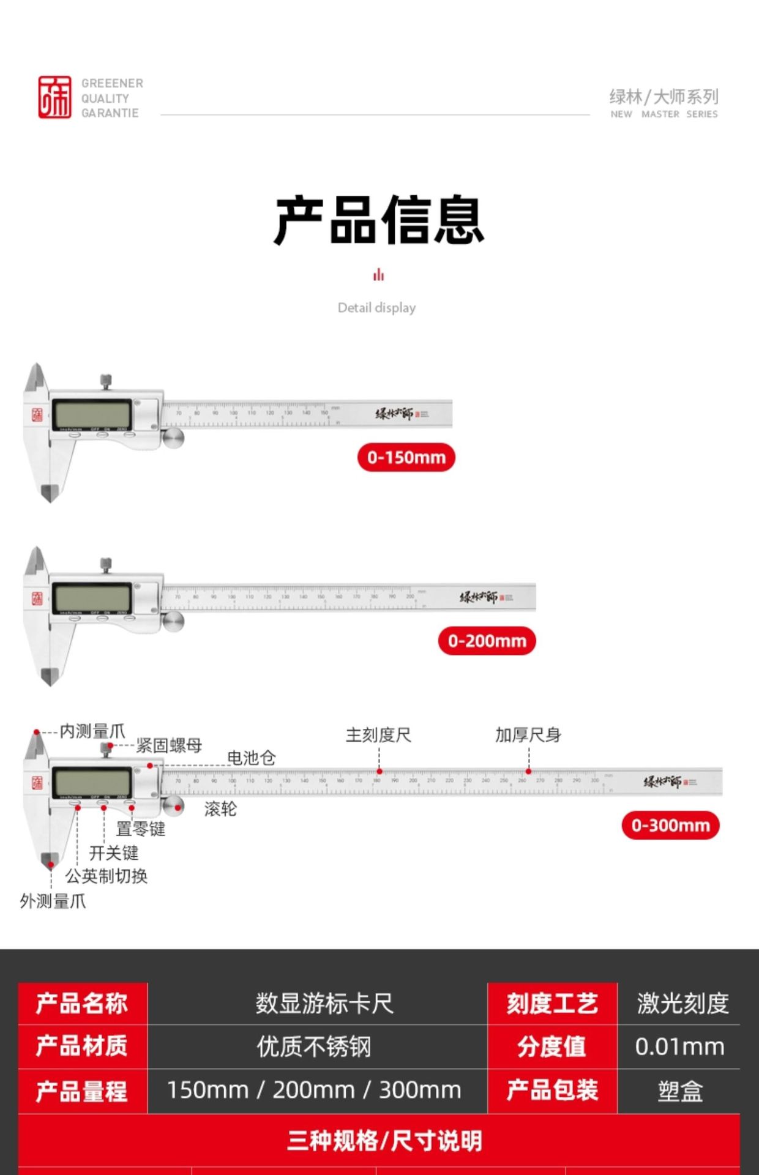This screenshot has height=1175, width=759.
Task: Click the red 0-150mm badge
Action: point(406,457)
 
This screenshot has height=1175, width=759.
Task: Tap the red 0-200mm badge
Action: point(487,641)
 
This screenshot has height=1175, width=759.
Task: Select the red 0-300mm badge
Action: point(670,825)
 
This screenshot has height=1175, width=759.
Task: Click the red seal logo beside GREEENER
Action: point(54,97)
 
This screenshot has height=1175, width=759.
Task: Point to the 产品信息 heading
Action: point(379,220)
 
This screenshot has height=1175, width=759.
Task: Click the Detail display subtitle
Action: point(376,308)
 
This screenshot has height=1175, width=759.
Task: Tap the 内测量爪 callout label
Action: point(92,731)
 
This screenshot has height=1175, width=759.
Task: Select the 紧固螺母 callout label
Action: point(168,745)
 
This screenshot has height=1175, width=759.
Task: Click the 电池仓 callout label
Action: point(251,758)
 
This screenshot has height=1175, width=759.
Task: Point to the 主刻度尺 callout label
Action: point(378,735)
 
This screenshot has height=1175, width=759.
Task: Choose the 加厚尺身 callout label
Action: point(528,735)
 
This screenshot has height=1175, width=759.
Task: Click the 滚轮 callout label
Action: point(220,809)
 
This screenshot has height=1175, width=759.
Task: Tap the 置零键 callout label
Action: point(141,829)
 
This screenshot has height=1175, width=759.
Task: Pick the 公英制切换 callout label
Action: point(107,876)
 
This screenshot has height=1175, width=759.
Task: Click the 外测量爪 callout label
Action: point(53,901)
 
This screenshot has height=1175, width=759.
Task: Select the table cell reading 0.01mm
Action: point(679,1046)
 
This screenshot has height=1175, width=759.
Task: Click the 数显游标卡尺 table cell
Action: point(324,1004)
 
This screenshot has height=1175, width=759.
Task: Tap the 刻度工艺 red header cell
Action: point(551,1004)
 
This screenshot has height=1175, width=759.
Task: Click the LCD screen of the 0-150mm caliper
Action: point(92,414)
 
